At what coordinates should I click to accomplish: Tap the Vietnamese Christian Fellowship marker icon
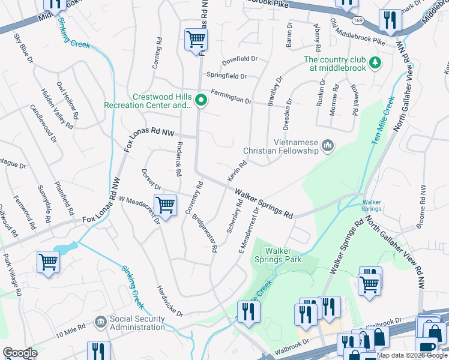[327, 145]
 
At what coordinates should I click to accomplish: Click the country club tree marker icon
[375, 63]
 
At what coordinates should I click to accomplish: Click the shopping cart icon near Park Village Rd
[48, 262]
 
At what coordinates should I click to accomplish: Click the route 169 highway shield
[358, 20]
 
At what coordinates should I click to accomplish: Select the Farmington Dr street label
[231, 99]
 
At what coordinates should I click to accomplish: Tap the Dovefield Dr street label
[239, 59]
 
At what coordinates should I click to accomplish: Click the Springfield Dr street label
[226, 76]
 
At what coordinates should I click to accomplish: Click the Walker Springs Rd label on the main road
[264, 204]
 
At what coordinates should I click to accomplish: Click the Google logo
[20, 353]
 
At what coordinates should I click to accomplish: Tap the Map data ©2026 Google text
[412, 355]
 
